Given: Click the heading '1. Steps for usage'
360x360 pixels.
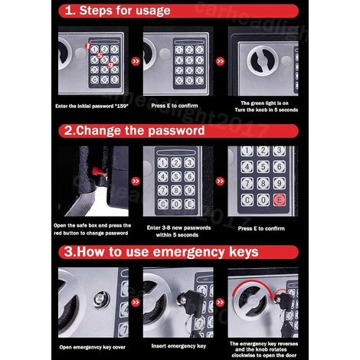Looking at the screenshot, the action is coord(117,11).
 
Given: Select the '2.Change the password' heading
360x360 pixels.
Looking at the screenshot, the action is coord(134,130).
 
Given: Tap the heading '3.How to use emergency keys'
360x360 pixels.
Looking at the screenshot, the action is coord(161,252).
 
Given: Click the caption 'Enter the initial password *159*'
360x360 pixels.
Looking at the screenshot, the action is coord(92,106).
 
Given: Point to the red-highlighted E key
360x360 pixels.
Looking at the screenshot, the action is coord(279,199).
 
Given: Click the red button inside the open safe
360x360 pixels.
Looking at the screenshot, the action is coord(97,171).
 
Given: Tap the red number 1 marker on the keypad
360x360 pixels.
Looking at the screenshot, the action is coord(88,46).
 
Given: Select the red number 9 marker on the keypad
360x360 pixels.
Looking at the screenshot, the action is coord(110,65).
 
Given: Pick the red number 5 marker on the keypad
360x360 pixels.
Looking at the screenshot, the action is coord(100,55).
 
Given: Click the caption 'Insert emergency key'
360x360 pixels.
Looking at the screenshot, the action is coord(178,346).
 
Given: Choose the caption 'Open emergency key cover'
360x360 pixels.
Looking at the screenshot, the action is coord(92,347).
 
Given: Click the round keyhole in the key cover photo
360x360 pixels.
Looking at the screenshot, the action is coord(101,299).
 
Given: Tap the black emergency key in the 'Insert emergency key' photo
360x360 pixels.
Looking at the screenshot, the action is coord(193,303).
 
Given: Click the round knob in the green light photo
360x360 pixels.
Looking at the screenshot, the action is coord(263,61).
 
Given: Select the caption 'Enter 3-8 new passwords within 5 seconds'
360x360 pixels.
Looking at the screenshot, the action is coord(178,231).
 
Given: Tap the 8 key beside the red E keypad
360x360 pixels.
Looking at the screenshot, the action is coord(263,183).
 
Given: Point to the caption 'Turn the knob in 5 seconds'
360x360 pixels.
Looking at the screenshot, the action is coord(267,110).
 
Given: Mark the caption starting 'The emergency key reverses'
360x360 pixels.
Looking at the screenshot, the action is coord(263,349).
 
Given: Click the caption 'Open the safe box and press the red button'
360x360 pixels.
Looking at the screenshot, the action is coord(92,229).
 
